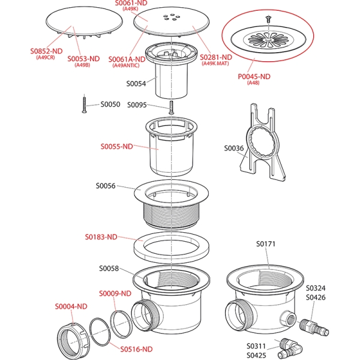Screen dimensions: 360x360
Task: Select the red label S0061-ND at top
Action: (x=131, y=4)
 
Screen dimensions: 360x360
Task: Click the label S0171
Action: (x=265, y=244)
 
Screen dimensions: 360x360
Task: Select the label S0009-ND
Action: (x=115, y=293)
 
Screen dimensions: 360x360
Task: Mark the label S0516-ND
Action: (x=136, y=349)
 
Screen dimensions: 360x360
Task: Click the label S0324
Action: (x=316, y=287)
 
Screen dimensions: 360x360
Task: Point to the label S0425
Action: (x=256, y=355)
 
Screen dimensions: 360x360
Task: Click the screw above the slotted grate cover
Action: (x=267, y=20)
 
